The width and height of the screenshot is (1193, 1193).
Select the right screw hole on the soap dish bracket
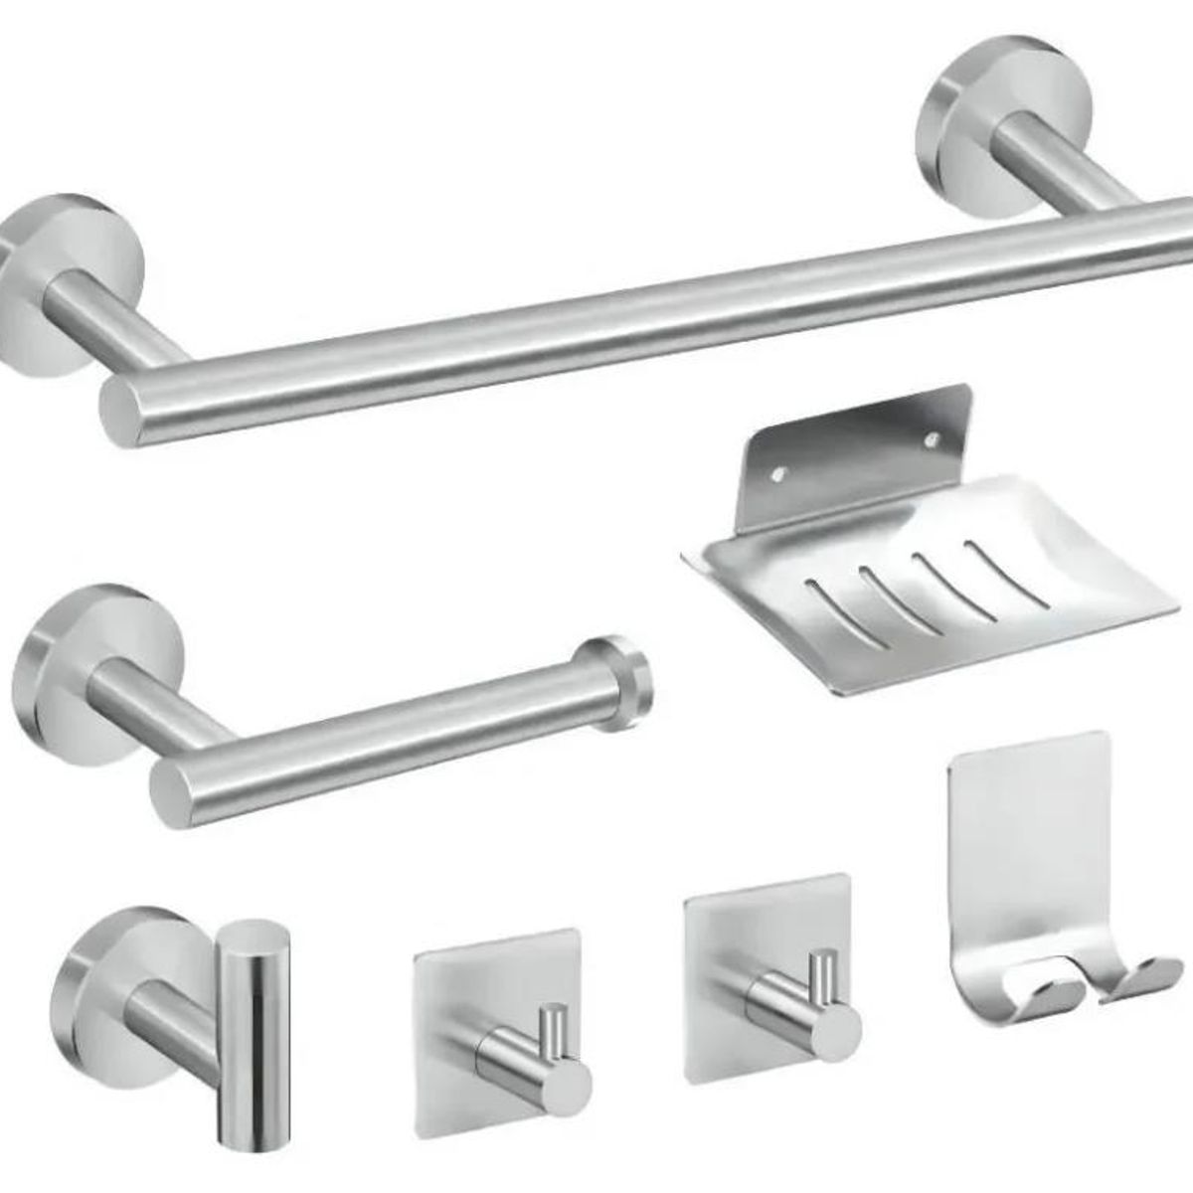(933, 435)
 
